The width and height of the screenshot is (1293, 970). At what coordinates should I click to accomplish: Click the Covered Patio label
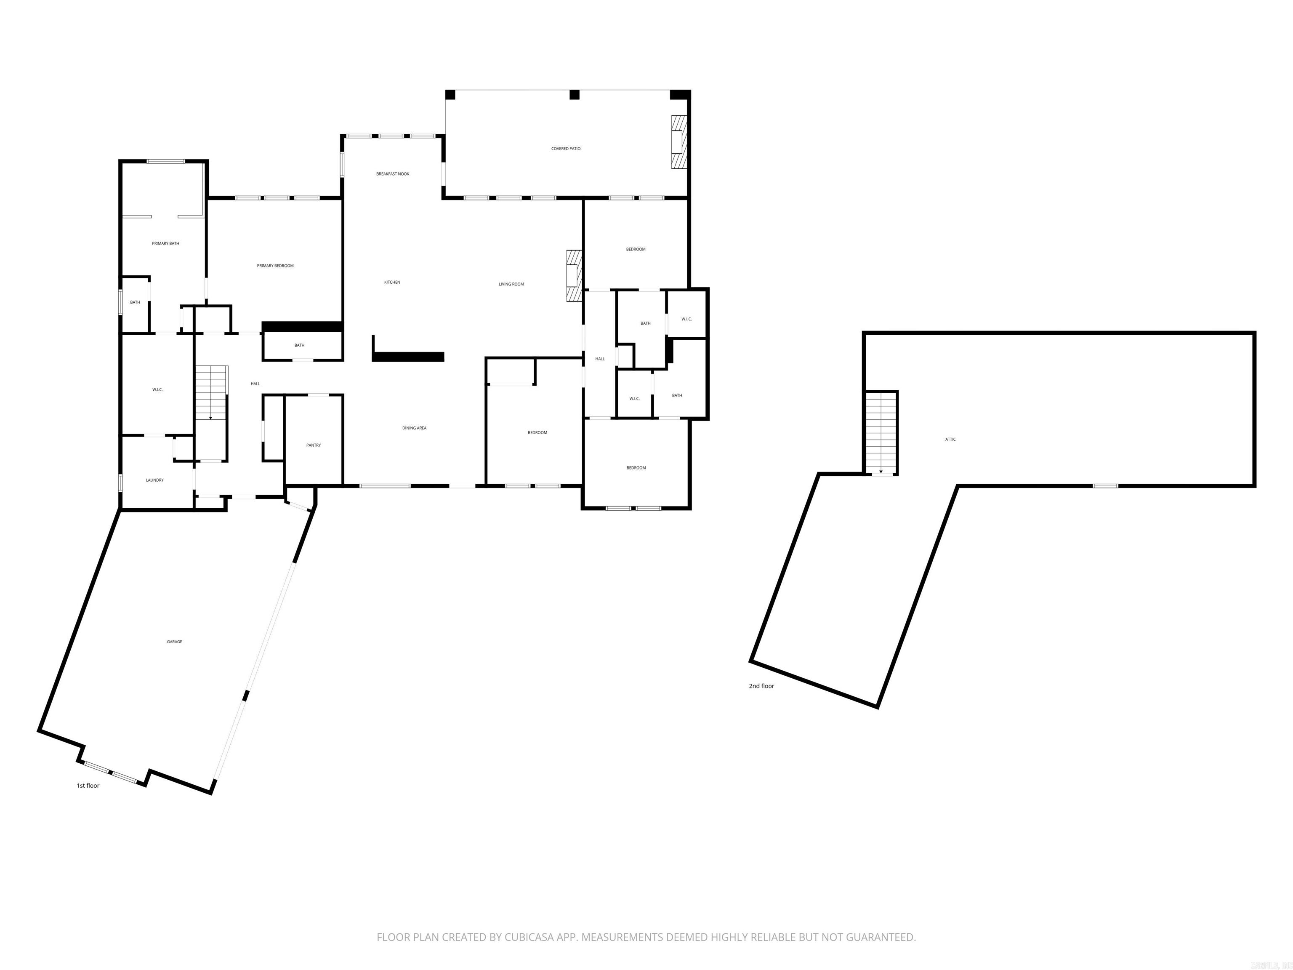tap(565, 149)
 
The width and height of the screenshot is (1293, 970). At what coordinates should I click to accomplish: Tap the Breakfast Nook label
tap(392, 173)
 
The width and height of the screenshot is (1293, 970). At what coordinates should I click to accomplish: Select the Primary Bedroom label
tap(275, 266)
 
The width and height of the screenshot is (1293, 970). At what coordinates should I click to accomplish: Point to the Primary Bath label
tap(165, 243)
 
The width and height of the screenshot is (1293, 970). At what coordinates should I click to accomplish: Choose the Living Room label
tap(511, 284)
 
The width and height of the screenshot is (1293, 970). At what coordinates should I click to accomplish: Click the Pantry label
tap(313, 445)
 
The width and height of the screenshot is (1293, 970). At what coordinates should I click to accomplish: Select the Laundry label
tap(154, 480)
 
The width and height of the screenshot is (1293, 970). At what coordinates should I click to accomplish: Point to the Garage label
tap(174, 642)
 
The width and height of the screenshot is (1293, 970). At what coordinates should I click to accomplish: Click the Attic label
tap(950, 439)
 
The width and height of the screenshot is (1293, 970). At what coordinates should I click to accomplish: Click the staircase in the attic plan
tap(881, 433)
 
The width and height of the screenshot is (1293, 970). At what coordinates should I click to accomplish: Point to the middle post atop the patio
tap(574, 95)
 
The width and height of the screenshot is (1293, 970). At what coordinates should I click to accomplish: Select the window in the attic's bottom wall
tap(1105, 486)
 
